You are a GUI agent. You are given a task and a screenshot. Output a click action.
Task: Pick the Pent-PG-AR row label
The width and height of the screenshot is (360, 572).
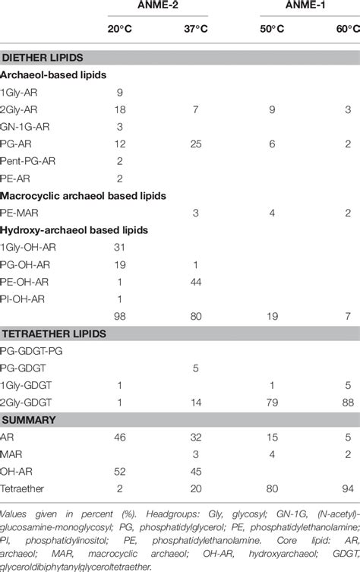coord(30,163)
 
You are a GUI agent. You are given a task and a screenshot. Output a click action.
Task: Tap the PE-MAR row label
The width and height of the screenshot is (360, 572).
coord(21,214)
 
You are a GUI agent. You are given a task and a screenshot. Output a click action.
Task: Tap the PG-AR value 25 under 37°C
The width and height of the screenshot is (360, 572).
coord(195,145)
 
